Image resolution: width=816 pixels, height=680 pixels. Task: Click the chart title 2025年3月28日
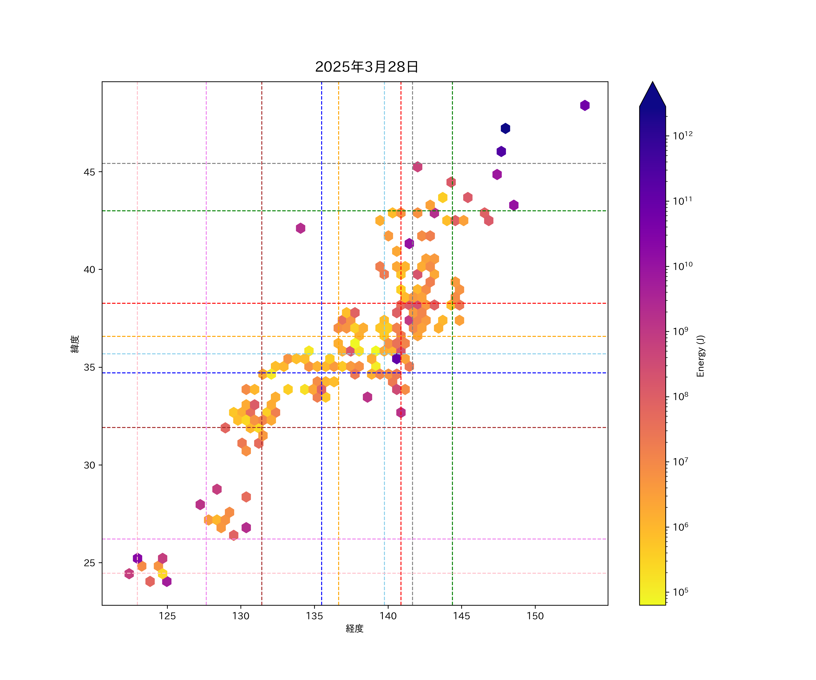pos(367,67)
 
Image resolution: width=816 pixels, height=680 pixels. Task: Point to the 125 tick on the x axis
pos(168,616)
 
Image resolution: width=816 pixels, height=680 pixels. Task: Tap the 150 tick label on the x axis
pos(535,616)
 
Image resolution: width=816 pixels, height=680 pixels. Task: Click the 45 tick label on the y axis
pos(89,172)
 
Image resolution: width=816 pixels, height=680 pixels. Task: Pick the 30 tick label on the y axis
pos(89,465)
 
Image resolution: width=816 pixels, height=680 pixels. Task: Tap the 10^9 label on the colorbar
pos(680,331)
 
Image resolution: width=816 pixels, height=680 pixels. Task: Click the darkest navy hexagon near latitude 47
pos(505,128)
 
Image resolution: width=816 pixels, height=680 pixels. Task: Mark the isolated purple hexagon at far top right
pos(585,105)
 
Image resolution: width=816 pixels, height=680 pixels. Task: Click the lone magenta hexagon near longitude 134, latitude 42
pos(300,228)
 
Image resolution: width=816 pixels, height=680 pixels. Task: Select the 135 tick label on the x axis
pos(314,616)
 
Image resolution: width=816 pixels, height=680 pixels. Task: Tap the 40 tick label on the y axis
pos(89,270)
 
